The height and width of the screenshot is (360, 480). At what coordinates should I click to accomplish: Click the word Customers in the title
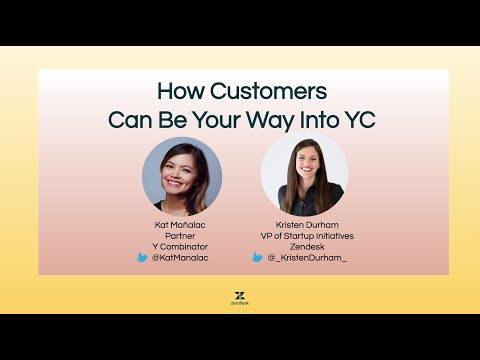click(270, 92)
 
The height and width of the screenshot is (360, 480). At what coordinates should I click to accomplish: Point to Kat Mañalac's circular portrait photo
click(181, 177)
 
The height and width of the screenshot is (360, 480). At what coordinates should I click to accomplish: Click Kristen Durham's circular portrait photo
click(304, 175)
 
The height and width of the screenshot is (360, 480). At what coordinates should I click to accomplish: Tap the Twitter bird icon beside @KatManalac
click(143, 257)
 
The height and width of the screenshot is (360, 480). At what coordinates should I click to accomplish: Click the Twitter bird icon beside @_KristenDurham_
click(258, 257)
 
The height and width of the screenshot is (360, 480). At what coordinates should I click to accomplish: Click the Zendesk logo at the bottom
click(240, 299)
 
